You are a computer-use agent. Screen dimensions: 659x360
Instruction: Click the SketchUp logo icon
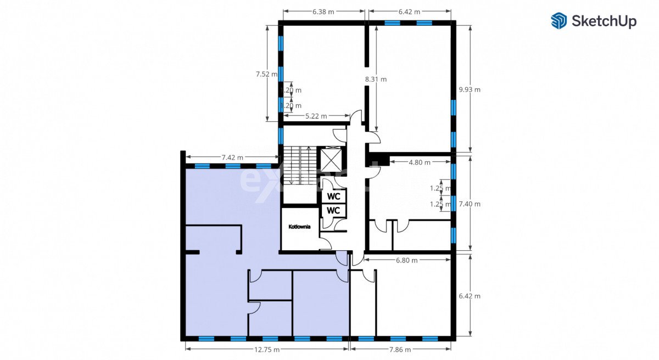[559, 21]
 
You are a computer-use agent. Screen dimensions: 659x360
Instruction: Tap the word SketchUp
[604, 21]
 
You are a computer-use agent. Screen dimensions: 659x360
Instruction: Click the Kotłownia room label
[299, 227]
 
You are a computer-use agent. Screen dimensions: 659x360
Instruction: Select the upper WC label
[333, 196]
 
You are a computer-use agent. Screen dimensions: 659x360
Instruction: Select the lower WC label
[333, 210]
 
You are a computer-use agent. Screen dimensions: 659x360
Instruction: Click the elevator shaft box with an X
[331, 160]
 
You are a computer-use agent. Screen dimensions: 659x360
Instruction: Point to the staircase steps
[299, 165]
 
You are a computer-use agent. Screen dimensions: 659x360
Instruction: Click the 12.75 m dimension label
[267, 350]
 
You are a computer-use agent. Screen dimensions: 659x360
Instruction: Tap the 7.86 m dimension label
[400, 350]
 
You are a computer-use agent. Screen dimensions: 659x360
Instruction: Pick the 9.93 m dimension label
[470, 89]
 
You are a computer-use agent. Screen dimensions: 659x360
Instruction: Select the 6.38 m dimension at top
[323, 12]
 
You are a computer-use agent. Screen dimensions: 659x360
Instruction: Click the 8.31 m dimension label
[376, 80]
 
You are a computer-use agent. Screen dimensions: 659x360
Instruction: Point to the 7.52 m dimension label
[266, 74]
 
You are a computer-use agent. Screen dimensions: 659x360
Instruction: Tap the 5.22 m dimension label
[316, 116]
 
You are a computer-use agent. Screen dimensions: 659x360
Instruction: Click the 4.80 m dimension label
[420, 162]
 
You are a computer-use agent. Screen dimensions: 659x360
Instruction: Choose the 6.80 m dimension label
[406, 260]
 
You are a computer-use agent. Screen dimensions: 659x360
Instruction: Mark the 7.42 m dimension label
[232, 157]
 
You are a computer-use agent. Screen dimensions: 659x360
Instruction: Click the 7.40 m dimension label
[470, 204]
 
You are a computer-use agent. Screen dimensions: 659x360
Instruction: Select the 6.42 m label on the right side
[470, 296]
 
